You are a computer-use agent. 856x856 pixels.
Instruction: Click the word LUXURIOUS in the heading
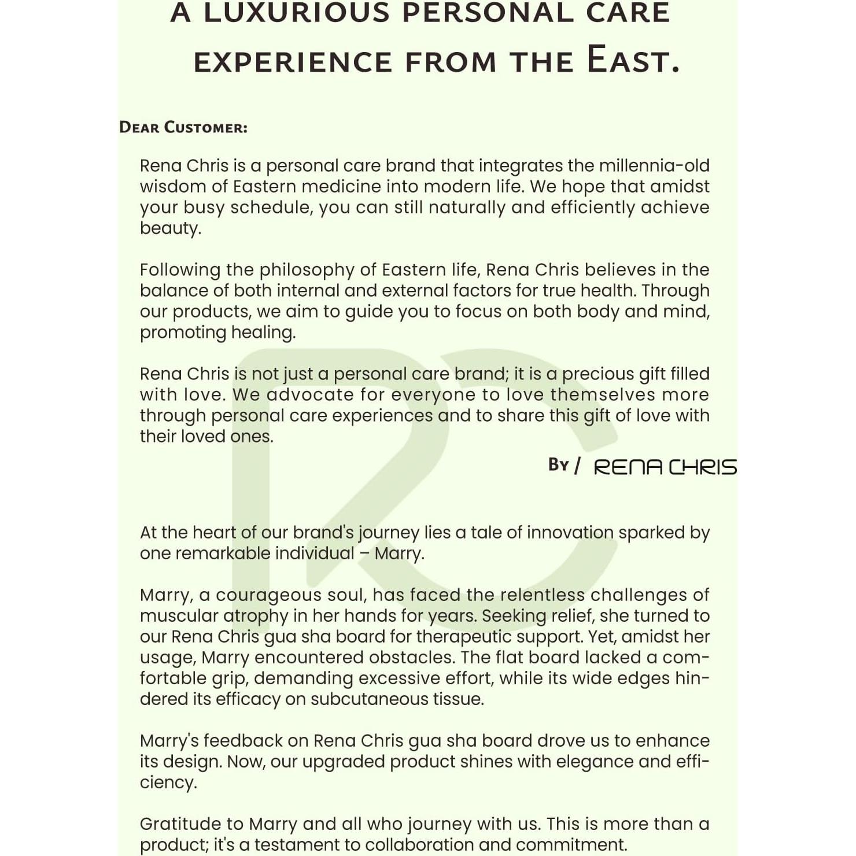[x=297, y=13]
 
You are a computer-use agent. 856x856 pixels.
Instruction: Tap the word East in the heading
[x=632, y=60]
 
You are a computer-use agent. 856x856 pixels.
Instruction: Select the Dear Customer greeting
[x=183, y=127]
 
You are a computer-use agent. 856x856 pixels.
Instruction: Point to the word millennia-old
[x=654, y=166]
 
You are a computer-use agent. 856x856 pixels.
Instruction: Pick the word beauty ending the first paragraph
[x=170, y=228]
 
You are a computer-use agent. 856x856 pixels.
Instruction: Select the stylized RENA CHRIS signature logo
[x=665, y=467]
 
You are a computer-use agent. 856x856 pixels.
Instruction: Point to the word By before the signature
[x=559, y=465]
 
